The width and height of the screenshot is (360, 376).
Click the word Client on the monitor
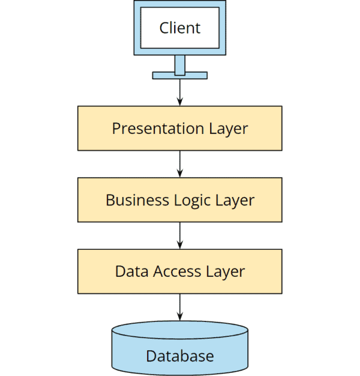[179, 28]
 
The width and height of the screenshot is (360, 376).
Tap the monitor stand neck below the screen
[179, 63]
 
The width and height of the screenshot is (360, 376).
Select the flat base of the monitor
[179, 75]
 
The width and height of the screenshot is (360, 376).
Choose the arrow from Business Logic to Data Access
[179, 235]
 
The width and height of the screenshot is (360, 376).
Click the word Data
[128, 271]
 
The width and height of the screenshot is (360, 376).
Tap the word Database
[179, 356]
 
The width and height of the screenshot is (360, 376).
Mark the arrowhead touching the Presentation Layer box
[179, 102]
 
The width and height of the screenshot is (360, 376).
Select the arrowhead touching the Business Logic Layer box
[179, 174]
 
